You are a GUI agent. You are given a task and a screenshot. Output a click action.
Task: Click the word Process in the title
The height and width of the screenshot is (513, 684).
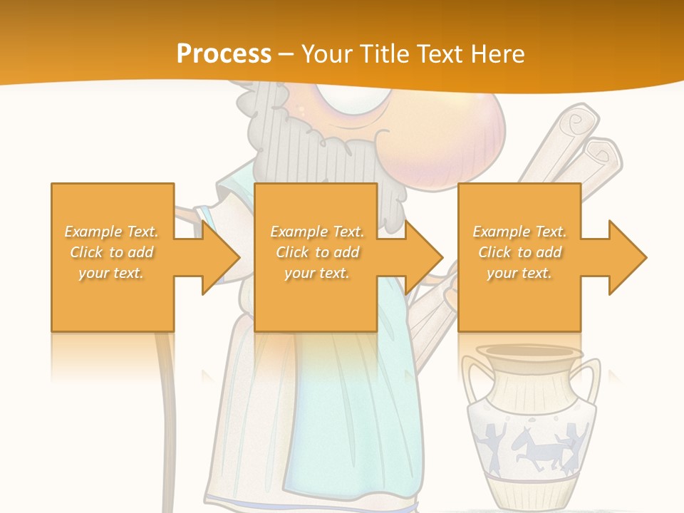[x=224, y=53]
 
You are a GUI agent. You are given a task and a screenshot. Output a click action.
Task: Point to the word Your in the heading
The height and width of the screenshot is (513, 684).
[x=328, y=53]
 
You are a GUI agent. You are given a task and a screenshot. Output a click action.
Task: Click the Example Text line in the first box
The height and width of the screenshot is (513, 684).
[x=112, y=232]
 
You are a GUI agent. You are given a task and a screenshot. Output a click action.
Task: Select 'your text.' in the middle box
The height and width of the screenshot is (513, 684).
[x=316, y=273]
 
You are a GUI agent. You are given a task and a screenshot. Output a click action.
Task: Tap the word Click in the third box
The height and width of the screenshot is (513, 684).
[x=496, y=252]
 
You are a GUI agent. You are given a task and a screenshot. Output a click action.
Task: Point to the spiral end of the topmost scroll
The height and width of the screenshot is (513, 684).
[x=583, y=123]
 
